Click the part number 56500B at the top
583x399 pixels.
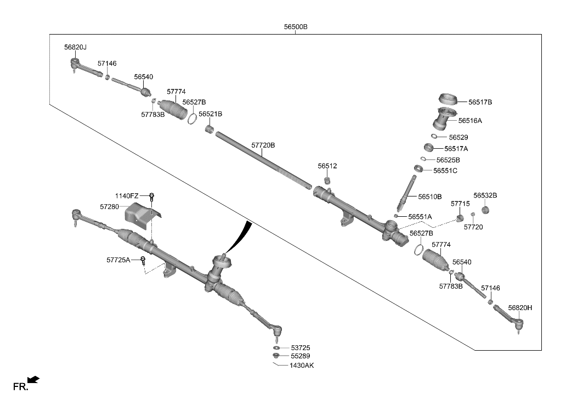coord(296,27)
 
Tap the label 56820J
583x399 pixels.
coord(75,47)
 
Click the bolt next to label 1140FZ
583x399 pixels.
coord(152,197)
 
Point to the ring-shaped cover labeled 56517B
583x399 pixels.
coord(448,99)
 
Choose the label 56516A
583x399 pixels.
coord(470,121)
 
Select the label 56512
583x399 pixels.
coord(327,166)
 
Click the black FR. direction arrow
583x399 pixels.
coord(33,380)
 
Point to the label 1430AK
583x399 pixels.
coord(302,366)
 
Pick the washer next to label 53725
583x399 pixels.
coord(276,348)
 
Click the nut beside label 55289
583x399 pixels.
coord(276,356)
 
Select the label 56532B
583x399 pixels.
coord(485,195)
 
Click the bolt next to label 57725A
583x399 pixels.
coord(143,260)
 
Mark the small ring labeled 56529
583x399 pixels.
coord(434,136)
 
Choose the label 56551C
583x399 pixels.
coord(445,171)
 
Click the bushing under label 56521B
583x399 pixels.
coord(210,130)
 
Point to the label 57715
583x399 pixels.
coord(460,204)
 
